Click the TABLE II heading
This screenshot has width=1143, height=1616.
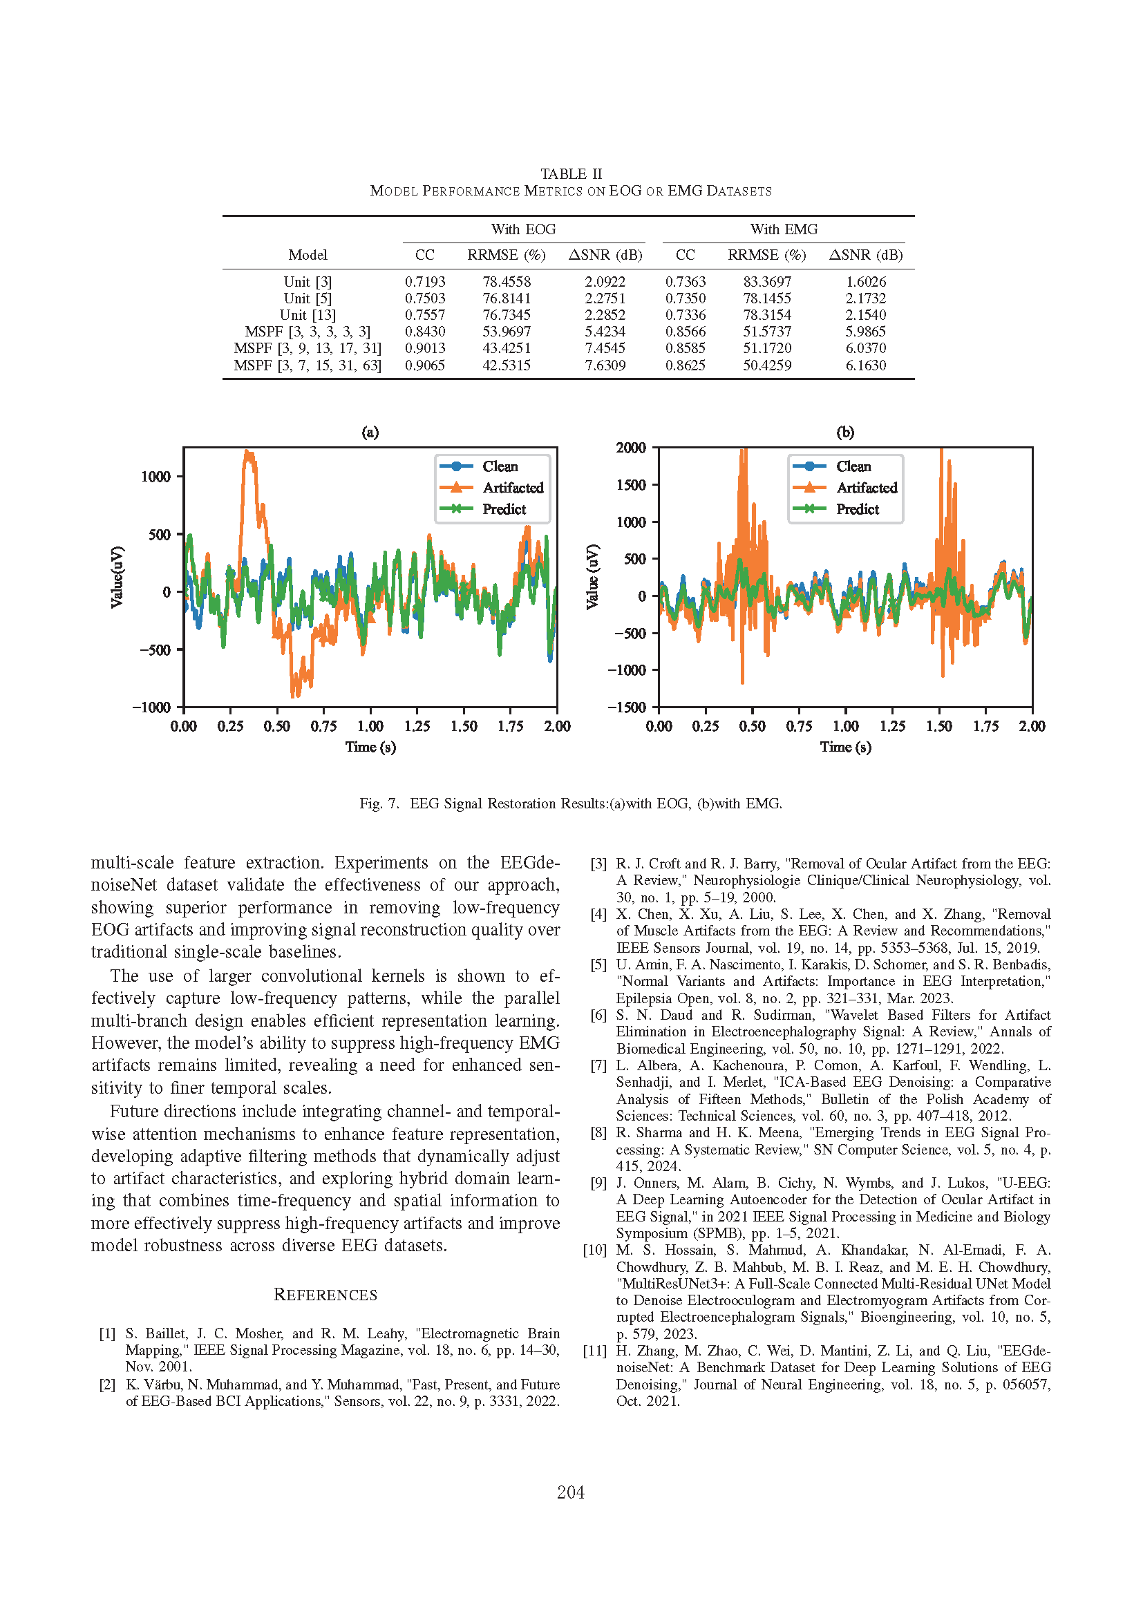click(571, 174)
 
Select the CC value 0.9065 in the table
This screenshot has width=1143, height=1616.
click(424, 365)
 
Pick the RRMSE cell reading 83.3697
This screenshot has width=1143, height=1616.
click(767, 281)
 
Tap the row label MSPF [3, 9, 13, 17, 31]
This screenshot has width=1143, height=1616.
click(308, 348)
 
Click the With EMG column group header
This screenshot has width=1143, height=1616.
click(784, 229)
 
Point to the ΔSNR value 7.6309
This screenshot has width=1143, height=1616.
click(605, 365)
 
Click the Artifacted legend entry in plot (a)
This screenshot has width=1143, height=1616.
click(512, 488)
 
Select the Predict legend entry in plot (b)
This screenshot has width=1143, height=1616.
click(857, 509)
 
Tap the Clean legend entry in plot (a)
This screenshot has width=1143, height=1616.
click(500, 466)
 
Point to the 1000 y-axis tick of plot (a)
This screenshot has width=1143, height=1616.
click(155, 477)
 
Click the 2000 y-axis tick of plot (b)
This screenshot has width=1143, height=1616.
click(631, 448)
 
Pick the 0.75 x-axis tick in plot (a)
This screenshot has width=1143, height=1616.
click(323, 726)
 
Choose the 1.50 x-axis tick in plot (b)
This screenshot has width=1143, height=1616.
click(939, 726)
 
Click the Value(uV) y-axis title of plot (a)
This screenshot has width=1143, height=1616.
click(117, 577)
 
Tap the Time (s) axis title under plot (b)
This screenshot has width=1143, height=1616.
click(845, 748)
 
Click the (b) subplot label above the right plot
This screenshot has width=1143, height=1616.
click(845, 432)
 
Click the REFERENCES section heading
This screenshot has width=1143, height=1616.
click(325, 1295)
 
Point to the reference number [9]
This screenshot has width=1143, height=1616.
click(598, 1183)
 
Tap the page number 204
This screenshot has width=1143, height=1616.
click(571, 1492)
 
